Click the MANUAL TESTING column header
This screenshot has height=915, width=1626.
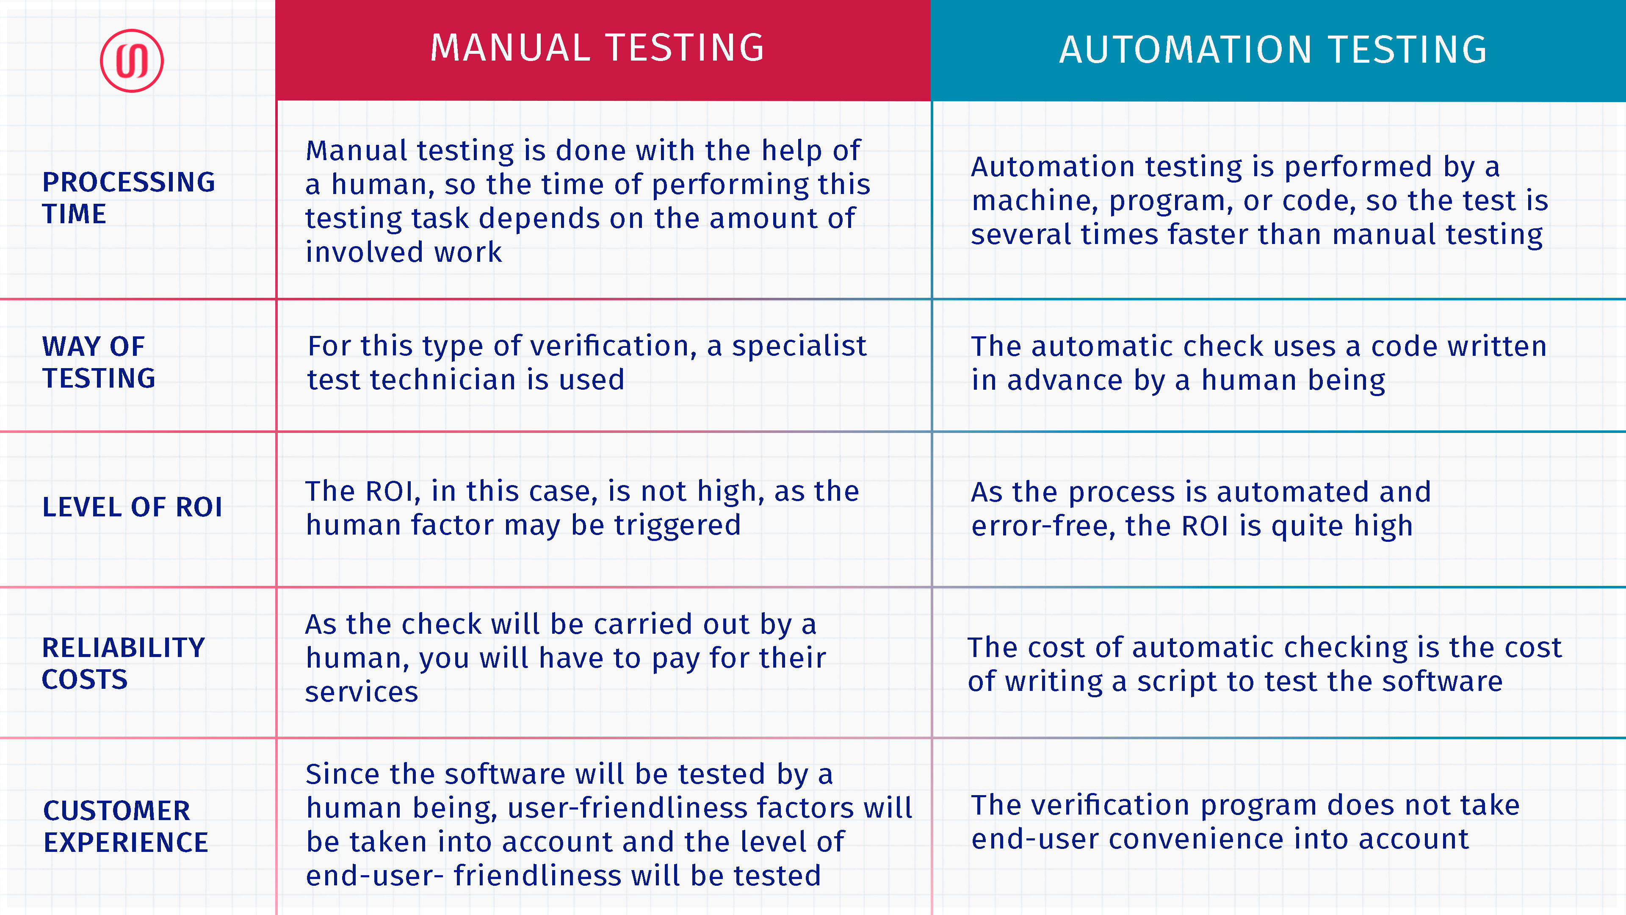click(x=597, y=48)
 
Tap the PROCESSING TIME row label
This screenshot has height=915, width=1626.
click(x=129, y=198)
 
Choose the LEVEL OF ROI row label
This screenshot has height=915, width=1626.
click(x=132, y=507)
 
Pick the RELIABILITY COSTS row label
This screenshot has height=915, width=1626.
click(x=124, y=663)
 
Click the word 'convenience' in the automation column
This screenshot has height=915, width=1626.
click(x=1196, y=839)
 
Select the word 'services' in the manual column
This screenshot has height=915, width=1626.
click(x=362, y=692)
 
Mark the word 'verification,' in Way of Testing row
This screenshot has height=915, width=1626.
click(x=614, y=347)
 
